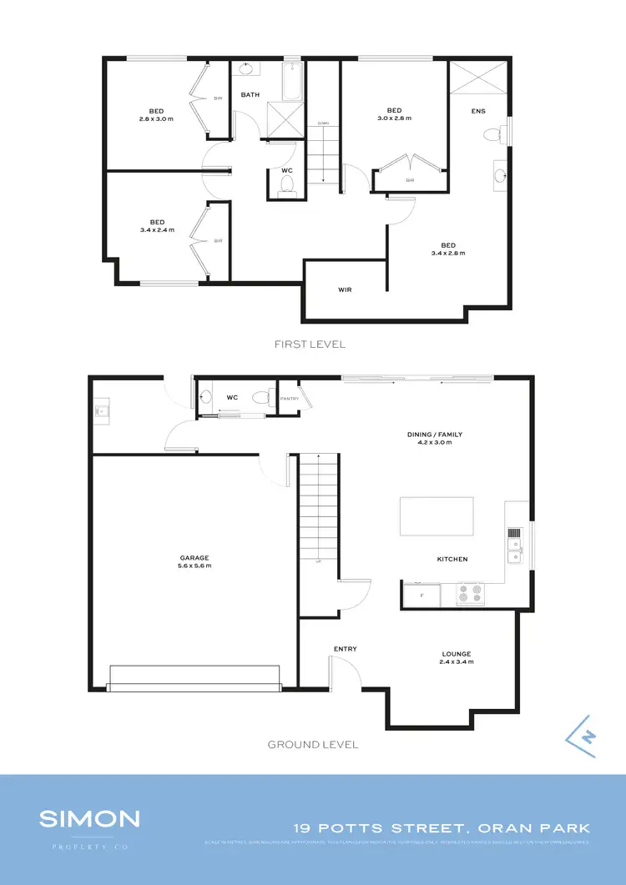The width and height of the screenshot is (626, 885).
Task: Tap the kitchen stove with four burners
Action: (470, 595)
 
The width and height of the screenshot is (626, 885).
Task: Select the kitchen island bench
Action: (437, 516)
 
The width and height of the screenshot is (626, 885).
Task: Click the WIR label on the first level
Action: (344, 290)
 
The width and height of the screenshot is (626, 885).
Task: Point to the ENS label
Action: (478, 111)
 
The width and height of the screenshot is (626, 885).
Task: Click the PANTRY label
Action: (290, 398)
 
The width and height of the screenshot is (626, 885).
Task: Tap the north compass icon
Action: (583, 737)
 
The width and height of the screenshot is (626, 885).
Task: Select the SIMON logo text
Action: (89, 818)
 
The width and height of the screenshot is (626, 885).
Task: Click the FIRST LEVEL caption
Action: (310, 344)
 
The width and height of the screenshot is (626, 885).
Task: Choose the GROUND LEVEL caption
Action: (313, 744)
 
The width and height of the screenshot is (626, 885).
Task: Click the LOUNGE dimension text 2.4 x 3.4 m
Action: (457, 661)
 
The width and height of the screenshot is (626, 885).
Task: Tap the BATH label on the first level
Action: (250, 95)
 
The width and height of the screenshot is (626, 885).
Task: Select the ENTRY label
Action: (346, 648)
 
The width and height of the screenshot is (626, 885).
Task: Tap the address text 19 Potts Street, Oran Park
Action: (442, 828)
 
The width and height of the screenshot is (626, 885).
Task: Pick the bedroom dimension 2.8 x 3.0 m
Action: (156, 118)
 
